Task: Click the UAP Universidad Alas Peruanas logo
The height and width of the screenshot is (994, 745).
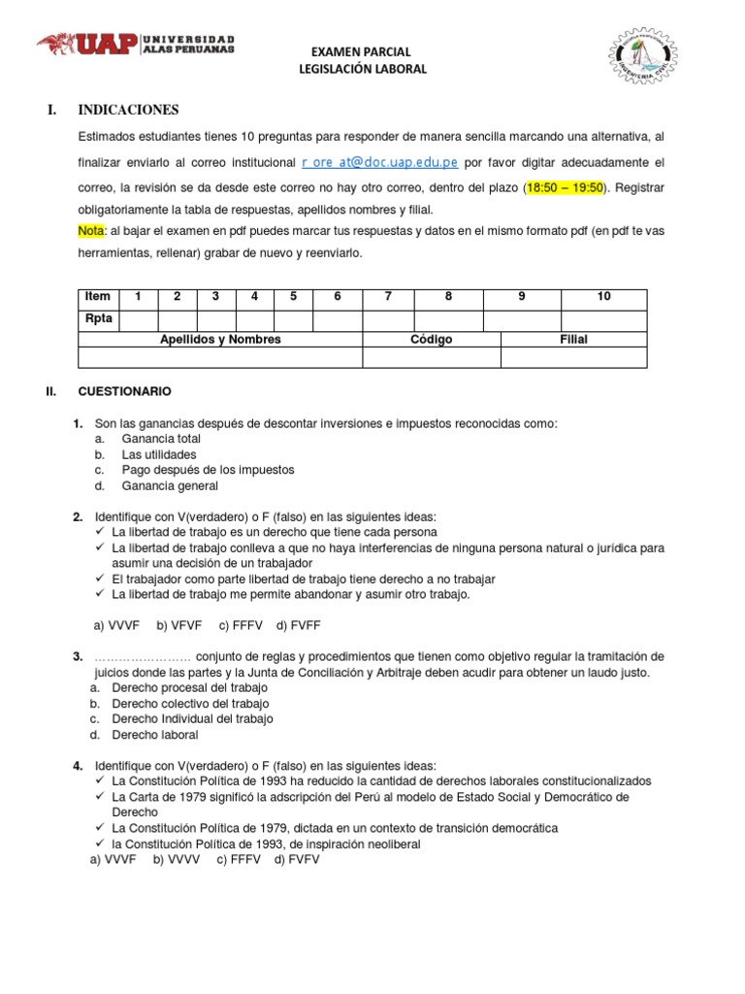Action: tap(136, 44)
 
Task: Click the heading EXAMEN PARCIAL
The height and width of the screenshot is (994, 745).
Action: tap(360, 51)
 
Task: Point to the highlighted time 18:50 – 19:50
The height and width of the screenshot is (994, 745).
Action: tap(564, 186)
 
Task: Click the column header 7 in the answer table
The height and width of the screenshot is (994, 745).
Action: tap(388, 297)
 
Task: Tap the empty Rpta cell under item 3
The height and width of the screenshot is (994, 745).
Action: tap(215, 320)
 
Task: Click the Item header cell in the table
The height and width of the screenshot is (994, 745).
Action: tap(98, 297)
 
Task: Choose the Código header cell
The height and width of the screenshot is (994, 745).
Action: tap(431, 340)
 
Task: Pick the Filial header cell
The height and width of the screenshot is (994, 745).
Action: tap(573, 340)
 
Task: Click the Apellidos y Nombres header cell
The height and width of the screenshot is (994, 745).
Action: tap(220, 340)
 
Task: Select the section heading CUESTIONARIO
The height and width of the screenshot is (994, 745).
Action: tap(124, 391)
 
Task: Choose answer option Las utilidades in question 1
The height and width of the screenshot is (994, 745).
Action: tap(159, 454)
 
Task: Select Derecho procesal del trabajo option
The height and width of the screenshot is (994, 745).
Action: tap(176, 688)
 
